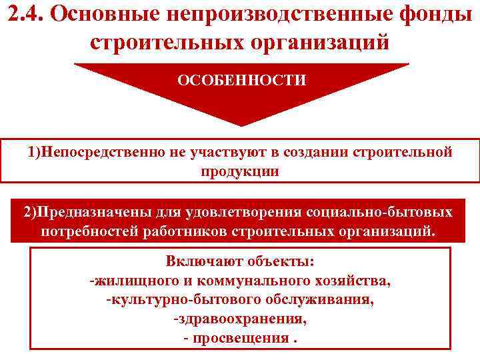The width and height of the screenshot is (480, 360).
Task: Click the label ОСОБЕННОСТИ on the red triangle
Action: (x=241, y=81)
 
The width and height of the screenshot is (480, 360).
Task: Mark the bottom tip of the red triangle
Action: (x=241, y=125)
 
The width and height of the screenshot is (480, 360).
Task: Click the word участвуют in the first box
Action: (x=233, y=152)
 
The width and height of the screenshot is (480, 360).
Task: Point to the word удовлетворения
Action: (x=250, y=213)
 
